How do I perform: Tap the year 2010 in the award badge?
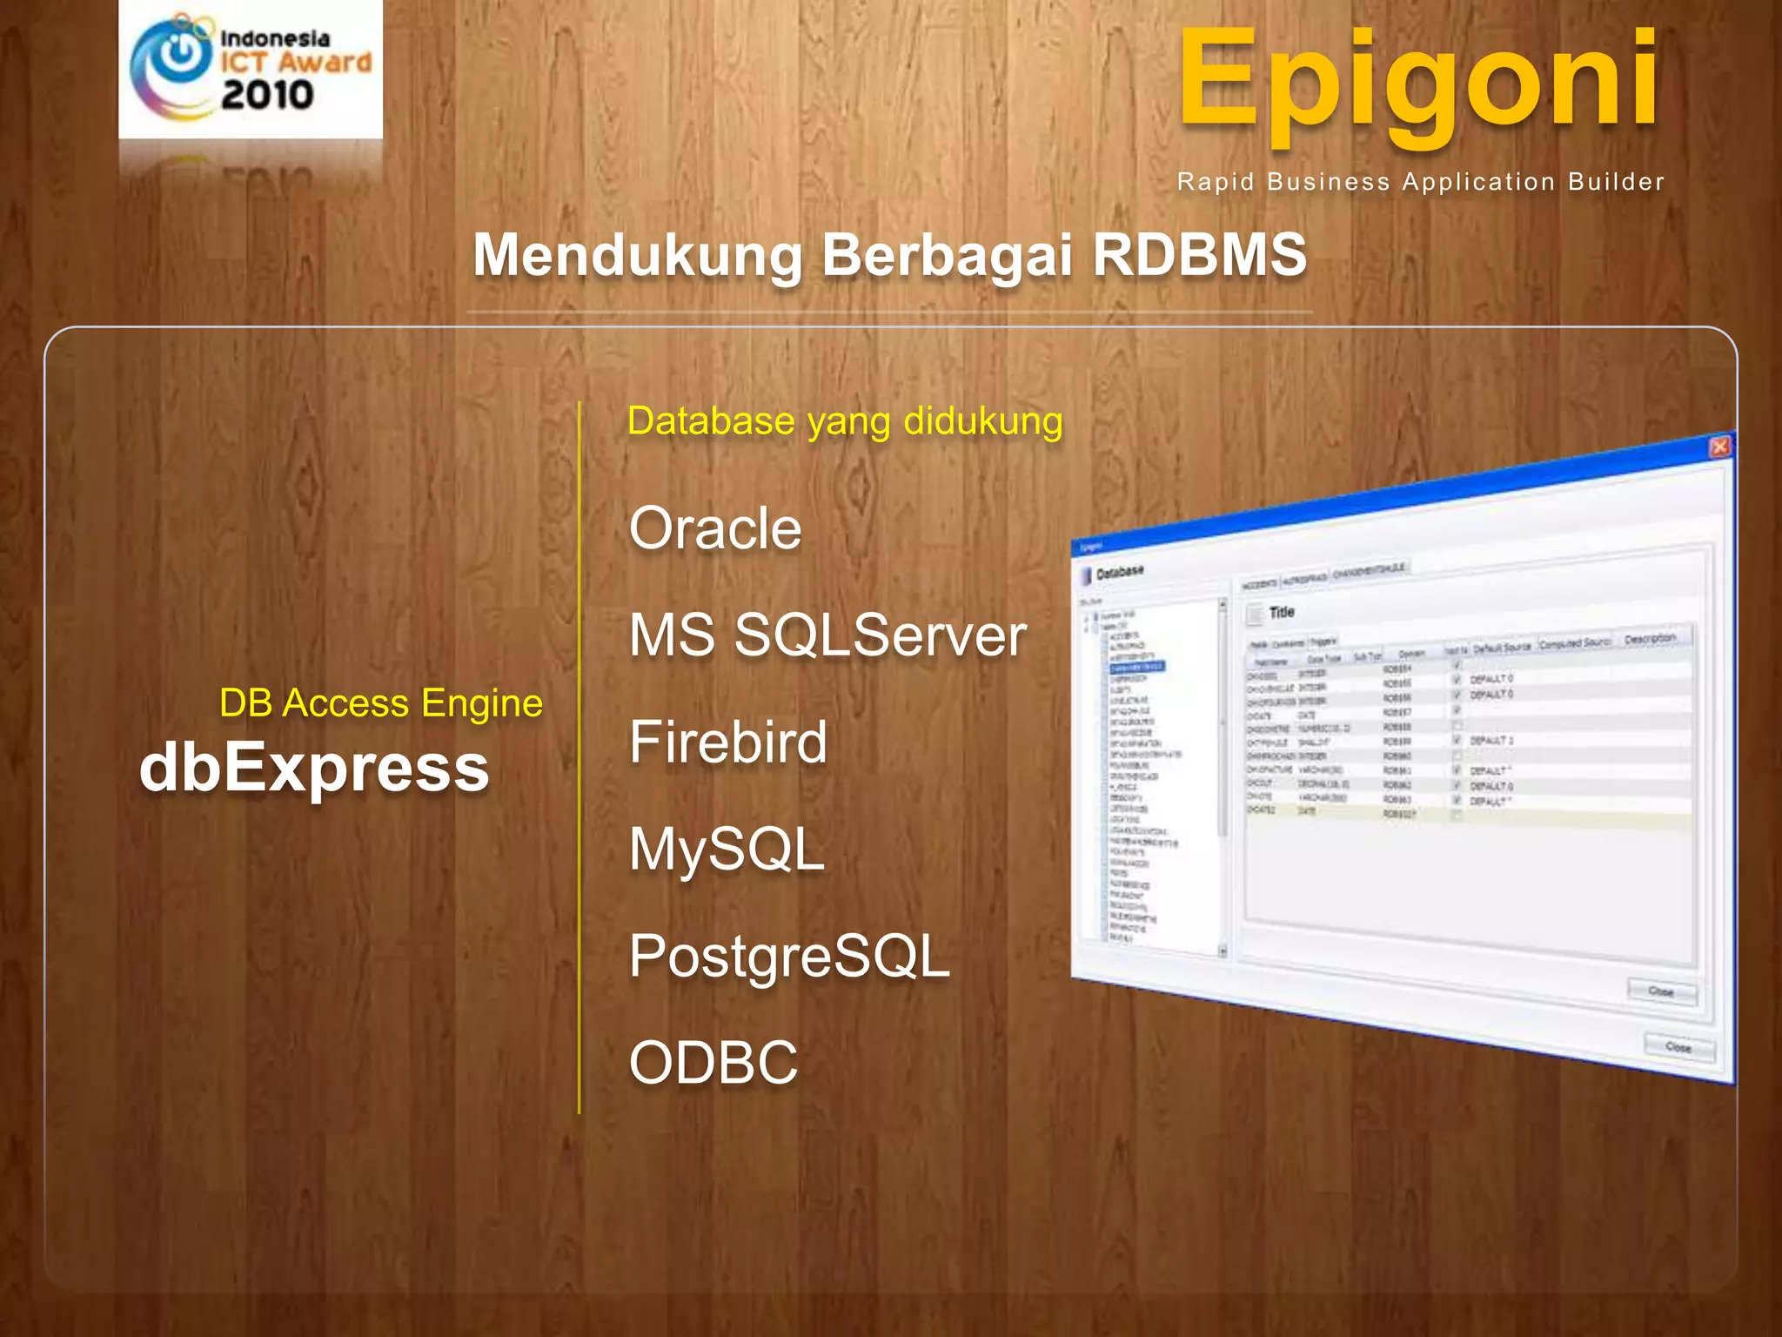(x=267, y=94)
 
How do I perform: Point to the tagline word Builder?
(x=1616, y=182)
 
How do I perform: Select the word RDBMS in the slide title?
(x=1199, y=255)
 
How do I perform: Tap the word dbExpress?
(x=314, y=768)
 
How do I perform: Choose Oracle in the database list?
(x=715, y=528)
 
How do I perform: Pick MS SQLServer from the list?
(x=827, y=635)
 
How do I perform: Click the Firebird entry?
(x=728, y=742)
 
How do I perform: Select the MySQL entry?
(x=727, y=850)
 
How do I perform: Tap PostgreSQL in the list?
(x=789, y=957)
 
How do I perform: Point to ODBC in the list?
(x=713, y=1063)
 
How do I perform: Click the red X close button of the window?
(x=1719, y=447)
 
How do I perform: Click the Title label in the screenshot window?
(x=1282, y=612)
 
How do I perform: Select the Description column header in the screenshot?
(x=1649, y=639)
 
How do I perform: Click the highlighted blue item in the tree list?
(x=1136, y=667)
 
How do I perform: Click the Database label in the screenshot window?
(x=1119, y=573)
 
